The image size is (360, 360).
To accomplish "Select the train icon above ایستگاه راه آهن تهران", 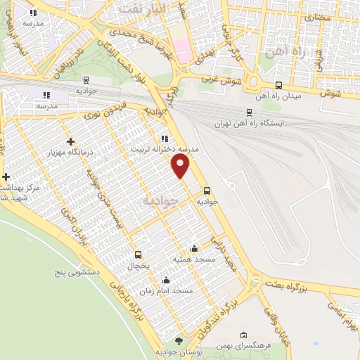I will pos(250,111).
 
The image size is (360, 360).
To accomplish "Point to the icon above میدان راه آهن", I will pos(279,85).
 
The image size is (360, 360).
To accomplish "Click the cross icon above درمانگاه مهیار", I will pos(70,141).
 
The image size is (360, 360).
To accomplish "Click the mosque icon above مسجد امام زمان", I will pos(166,280).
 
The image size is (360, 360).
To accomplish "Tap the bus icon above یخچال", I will pos(138,255).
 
